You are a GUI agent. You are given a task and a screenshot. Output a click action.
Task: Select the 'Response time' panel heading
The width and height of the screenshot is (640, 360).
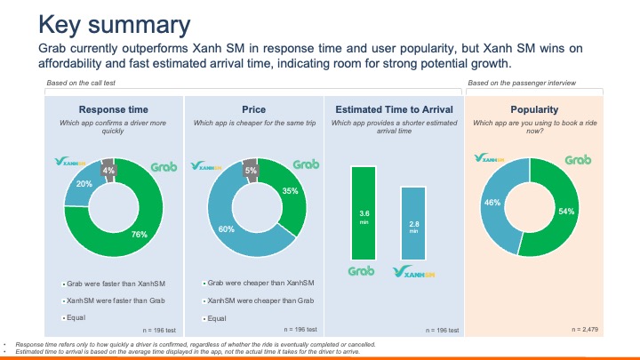[x=114, y=108]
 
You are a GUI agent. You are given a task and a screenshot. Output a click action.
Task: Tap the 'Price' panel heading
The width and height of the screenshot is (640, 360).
[x=253, y=108]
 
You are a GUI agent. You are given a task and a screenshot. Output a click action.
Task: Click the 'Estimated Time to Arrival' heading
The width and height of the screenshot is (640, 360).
[x=392, y=108]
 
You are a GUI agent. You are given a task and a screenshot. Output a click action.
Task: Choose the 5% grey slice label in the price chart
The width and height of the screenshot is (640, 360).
[x=251, y=170]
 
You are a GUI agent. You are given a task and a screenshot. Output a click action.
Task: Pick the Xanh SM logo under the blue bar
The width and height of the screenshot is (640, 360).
[x=414, y=272]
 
